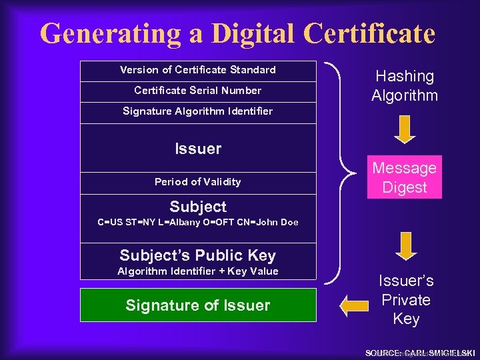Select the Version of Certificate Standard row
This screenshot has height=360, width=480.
click(198, 70)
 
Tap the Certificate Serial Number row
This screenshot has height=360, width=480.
click(198, 91)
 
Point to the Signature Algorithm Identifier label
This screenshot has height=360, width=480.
click(198, 111)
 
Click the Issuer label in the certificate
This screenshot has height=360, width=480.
click(198, 149)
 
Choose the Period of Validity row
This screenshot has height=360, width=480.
click(198, 182)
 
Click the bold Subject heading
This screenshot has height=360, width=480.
click(198, 207)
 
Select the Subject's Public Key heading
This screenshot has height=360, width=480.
click(198, 255)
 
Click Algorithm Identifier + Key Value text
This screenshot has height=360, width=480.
click(198, 271)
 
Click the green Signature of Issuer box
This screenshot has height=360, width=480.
click(198, 305)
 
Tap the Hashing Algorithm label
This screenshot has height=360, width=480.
click(405, 86)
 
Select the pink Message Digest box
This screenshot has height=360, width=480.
click(405, 177)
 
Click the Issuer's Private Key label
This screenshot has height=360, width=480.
click(406, 300)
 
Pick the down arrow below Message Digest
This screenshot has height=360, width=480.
click(405, 246)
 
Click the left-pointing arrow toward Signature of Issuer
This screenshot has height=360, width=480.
click(353, 305)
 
